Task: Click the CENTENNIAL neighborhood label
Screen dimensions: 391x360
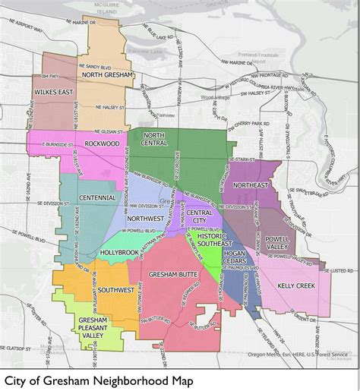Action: pos(96,197)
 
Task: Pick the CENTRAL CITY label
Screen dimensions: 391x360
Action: pos(200,216)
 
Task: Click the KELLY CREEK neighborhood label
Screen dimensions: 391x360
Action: pos(296,285)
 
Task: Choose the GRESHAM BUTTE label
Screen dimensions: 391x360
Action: pos(172,273)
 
